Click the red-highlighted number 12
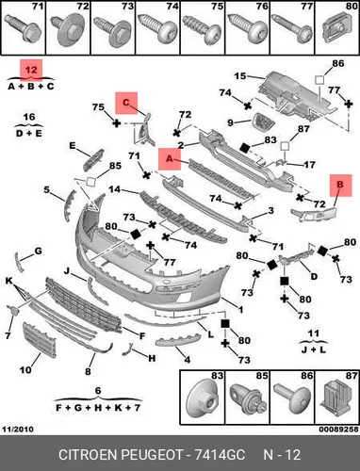click(x=31, y=70)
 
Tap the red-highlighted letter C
click(x=126, y=103)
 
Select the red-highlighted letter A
click(x=170, y=159)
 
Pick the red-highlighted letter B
click(x=340, y=186)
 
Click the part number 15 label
click(x=240, y=76)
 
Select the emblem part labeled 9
click(x=263, y=122)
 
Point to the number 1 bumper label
click(x=240, y=310)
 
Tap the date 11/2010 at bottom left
click(x=18, y=429)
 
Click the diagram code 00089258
click(x=338, y=429)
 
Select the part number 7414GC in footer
click(x=220, y=455)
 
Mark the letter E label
click(x=73, y=146)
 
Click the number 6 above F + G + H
click(x=98, y=391)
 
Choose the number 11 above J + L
click(x=313, y=333)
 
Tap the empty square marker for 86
click(x=319, y=79)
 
